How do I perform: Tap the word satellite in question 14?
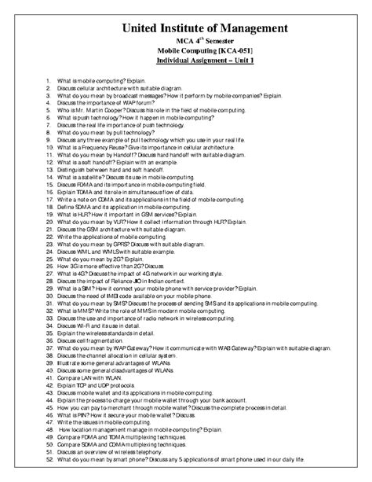click(x=90, y=177)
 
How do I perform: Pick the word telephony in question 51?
click(x=154, y=451)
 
